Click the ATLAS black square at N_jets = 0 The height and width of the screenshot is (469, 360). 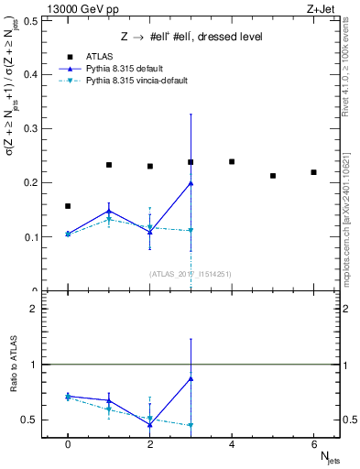[x=68, y=206]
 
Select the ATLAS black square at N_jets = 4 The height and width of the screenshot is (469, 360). [x=232, y=162]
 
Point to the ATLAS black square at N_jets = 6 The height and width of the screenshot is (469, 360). [x=313, y=172]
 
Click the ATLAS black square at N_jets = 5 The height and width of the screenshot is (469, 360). [x=273, y=176]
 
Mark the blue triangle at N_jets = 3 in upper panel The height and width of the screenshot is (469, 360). [x=191, y=183]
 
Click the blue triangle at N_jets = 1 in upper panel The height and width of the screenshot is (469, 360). [x=109, y=211]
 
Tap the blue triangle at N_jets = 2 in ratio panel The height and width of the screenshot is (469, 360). [x=149, y=424]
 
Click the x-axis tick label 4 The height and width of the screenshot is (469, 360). [x=232, y=444]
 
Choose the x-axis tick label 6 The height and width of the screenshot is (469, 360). [x=313, y=444]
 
